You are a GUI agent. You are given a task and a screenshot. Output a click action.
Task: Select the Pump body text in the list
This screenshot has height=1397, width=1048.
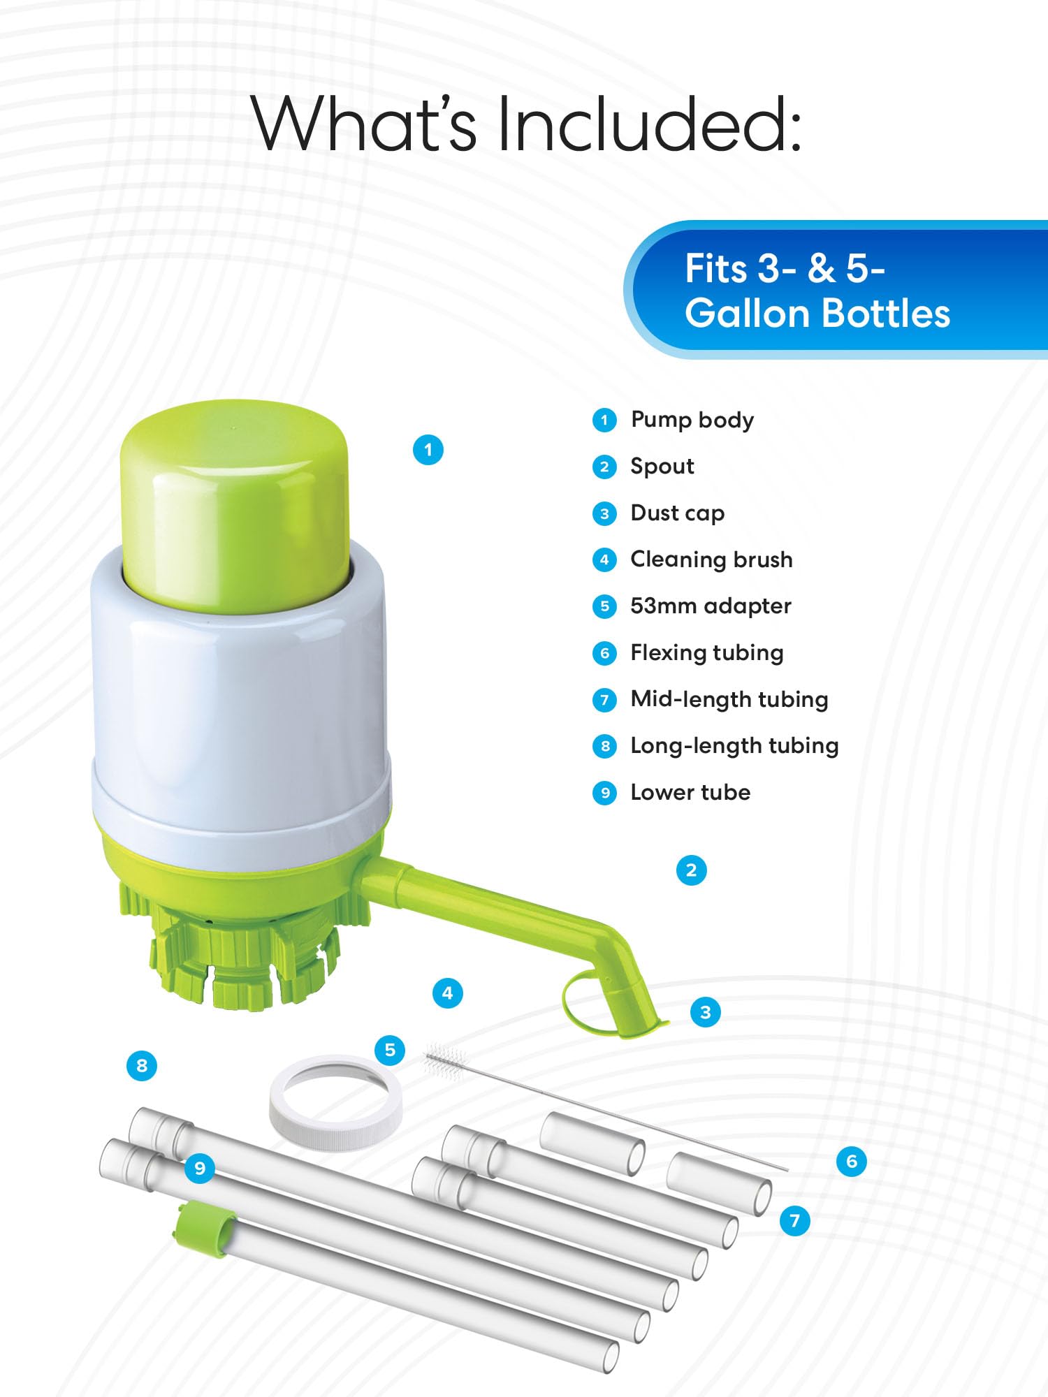click(x=692, y=420)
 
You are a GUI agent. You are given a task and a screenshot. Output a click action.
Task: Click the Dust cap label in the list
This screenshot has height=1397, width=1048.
click(x=677, y=513)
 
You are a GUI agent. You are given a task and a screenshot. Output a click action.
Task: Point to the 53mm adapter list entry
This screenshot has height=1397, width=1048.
click(x=710, y=606)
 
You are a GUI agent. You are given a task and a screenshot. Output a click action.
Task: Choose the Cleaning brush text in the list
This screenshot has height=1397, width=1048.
click(x=711, y=559)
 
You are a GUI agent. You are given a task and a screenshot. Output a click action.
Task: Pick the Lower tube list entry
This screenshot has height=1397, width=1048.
click(x=690, y=793)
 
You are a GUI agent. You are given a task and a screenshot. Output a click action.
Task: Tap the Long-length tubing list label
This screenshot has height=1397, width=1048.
click(x=734, y=746)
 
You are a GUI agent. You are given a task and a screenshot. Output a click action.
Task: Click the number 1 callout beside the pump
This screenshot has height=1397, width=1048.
click(x=428, y=450)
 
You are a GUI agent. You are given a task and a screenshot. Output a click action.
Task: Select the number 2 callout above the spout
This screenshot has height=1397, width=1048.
click(x=691, y=870)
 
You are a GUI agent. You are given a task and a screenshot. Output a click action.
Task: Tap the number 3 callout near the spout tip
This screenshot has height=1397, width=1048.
click(x=705, y=1012)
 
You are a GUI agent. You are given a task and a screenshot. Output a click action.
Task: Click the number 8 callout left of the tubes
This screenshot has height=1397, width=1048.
click(x=142, y=1066)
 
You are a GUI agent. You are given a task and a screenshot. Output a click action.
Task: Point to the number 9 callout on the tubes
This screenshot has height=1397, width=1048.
click(x=200, y=1169)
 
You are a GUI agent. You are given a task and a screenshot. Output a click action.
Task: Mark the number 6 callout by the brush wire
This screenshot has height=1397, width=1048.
click(x=851, y=1162)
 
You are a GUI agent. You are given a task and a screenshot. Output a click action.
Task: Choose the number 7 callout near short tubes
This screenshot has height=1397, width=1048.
click(x=794, y=1221)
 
